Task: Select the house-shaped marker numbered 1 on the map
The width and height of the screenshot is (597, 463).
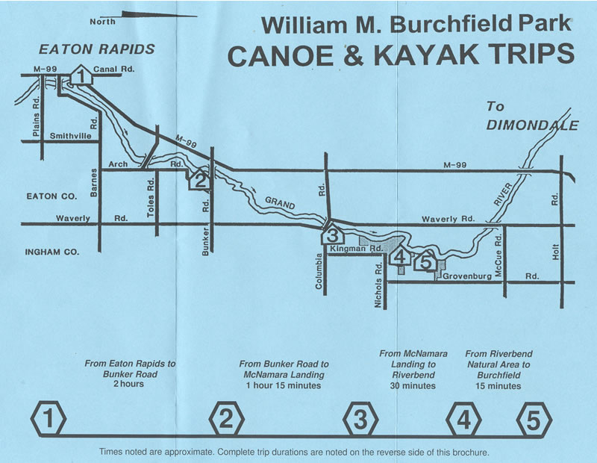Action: tap(81, 76)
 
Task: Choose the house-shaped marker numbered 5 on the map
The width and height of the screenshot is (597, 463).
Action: tap(426, 262)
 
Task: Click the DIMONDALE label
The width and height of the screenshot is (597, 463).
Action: tap(532, 125)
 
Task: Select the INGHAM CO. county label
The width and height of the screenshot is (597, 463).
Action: tap(46, 252)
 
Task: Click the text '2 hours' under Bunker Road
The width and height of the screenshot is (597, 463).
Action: tap(130, 385)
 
